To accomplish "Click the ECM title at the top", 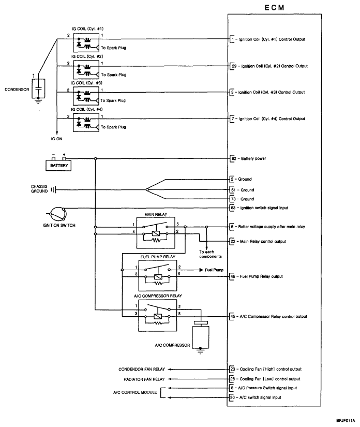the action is (274, 8).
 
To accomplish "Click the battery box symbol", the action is (58, 165).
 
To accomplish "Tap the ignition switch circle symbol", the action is (57, 214).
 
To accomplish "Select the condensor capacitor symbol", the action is (38, 89).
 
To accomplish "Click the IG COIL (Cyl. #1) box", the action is (86, 42).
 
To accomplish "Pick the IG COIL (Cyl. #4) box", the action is (86, 123).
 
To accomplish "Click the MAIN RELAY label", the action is (156, 214).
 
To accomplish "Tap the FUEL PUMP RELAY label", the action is (158, 257).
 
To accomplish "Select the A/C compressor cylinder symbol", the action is (201, 335).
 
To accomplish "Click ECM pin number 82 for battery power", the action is (234, 158).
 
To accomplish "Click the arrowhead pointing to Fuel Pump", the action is (201, 270).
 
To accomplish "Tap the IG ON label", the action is (56, 139).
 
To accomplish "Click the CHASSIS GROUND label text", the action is (39, 189).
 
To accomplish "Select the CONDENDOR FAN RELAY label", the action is (142, 369).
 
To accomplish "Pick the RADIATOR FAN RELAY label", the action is (144, 379).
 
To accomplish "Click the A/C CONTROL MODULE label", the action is (135, 392).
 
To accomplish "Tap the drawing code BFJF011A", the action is (346, 420).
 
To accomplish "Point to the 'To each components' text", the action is (211, 254).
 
